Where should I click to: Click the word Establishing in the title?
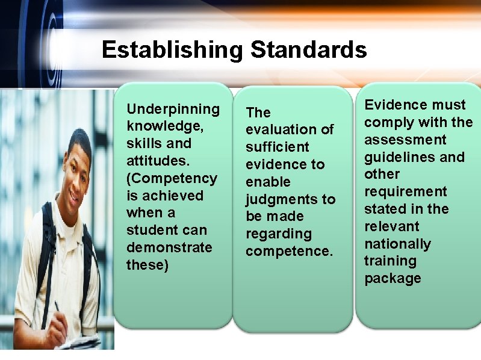coord(173,49)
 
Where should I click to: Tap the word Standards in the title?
coord(308,49)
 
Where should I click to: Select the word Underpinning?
coord(173,109)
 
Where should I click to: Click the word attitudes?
coord(155,161)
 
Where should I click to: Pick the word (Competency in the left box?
coord(172,179)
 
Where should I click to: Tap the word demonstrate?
coord(169,247)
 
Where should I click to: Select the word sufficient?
coord(277,147)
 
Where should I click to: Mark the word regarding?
coord(278,234)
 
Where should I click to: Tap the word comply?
coord(385,122)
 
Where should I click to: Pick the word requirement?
coord(405,191)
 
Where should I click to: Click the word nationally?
coord(397,244)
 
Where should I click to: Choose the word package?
coord(392,278)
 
